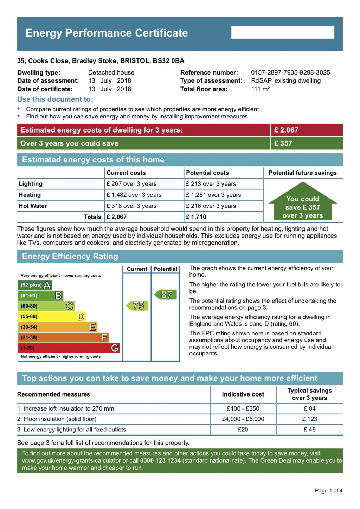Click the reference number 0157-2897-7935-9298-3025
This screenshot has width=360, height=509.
point(290,72)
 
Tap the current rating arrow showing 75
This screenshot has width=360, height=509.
point(137,305)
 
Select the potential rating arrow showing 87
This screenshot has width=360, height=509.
point(166,295)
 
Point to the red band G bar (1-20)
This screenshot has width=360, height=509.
point(69,348)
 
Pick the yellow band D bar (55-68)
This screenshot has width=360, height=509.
point(52,316)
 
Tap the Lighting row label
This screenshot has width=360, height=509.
point(31,184)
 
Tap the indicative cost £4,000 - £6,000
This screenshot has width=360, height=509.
point(243,419)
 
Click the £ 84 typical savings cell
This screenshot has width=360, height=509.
point(310,408)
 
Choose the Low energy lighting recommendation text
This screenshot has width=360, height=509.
point(75,430)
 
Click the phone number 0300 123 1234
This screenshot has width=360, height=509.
point(160,460)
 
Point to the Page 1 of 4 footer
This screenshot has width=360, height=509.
point(328,490)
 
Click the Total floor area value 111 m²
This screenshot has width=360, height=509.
point(261,89)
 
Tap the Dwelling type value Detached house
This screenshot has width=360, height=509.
point(111,72)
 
